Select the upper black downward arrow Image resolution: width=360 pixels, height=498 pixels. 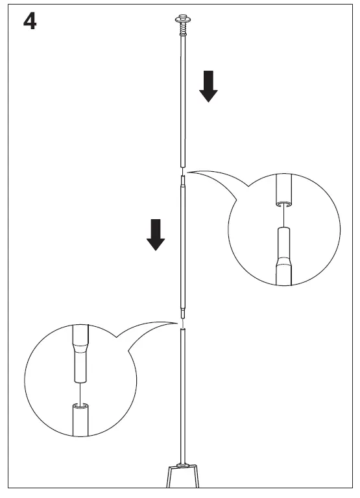pos(208,86)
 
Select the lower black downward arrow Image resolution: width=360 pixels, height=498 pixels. pos(155,234)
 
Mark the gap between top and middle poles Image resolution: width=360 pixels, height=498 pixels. pos(182,171)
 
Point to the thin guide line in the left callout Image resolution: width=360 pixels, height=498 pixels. pos(80,392)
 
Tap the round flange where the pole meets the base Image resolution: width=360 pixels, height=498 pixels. pos(184,465)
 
